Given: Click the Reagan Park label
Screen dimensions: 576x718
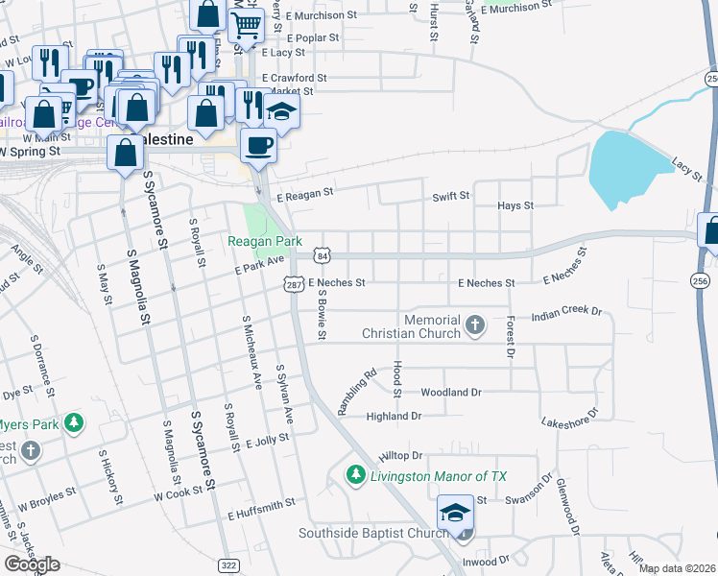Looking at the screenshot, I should [x=264, y=241].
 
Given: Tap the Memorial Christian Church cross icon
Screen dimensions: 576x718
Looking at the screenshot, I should [x=474, y=325].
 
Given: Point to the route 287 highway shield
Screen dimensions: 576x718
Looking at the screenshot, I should [x=294, y=283].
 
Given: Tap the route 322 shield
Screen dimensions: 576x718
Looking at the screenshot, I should [x=228, y=566].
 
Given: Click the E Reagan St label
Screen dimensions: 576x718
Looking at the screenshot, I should [x=304, y=193].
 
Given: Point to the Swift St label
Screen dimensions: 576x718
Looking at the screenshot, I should [x=450, y=196].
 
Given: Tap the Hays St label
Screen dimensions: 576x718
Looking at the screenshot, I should [x=515, y=205].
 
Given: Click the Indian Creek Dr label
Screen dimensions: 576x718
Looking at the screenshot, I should [x=565, y=313].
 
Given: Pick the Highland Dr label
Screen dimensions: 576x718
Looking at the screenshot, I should [x=395, y=417].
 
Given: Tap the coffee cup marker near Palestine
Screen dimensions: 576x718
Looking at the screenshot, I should [x=257, y=145].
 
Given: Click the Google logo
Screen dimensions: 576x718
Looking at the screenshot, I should [x=32, y=564].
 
